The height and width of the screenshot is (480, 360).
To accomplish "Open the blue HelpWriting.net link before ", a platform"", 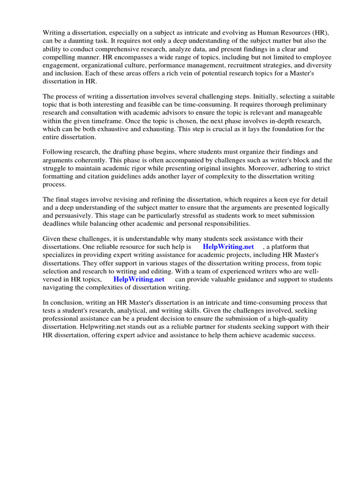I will tap(228, 247).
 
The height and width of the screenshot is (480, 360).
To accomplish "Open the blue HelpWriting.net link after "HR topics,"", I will tap(139, 279).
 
